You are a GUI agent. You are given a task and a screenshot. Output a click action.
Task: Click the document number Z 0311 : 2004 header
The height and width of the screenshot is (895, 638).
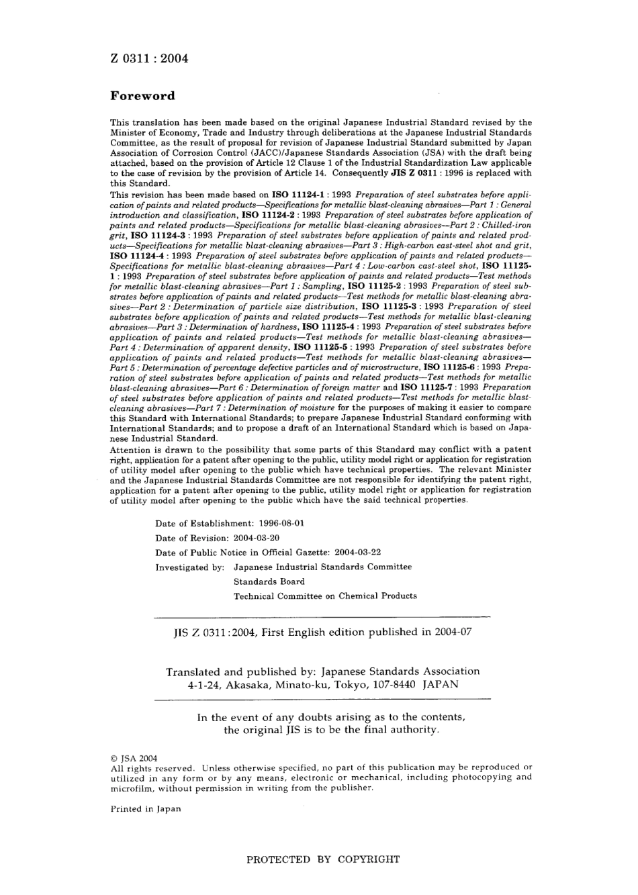point(149,58)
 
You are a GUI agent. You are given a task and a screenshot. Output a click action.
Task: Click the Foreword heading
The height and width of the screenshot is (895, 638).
point(142,96)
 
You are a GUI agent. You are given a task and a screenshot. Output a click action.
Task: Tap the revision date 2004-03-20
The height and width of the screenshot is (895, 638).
point(257,538)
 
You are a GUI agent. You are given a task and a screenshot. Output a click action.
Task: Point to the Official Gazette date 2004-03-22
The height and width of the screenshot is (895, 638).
point(357,553)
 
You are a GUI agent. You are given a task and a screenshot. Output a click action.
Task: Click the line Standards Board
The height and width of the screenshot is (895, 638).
point(269,581)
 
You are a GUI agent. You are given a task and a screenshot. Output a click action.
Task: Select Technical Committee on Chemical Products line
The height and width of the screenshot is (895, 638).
point(325,596)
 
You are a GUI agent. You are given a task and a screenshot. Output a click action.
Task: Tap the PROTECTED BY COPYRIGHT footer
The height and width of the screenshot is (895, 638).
point(323,859)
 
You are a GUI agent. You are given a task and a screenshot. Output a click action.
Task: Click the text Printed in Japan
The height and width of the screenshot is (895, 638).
point(145,809)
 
